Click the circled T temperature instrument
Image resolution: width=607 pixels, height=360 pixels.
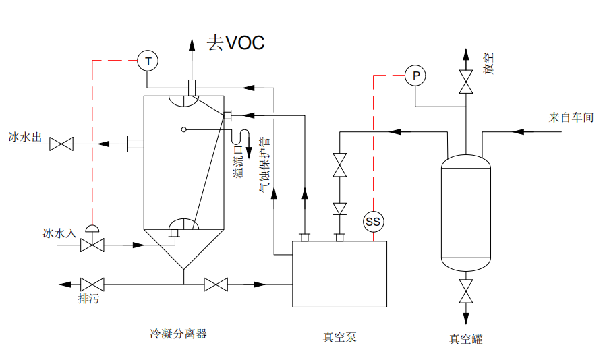point(147,61)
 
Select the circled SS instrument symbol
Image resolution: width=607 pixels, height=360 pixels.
point(372,221)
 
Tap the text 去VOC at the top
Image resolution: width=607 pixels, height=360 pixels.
point(235,43)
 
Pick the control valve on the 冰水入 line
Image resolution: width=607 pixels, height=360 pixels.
point(91,244)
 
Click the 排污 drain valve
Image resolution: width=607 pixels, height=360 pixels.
point(91,284)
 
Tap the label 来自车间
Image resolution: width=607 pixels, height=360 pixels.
point(571,117)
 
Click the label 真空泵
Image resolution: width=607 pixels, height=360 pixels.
point(339,336)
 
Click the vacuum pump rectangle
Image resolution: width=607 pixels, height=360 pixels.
point(339,274)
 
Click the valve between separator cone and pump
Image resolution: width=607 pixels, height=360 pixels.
point(216,284)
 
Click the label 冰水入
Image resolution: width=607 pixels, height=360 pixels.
point(57,233)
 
